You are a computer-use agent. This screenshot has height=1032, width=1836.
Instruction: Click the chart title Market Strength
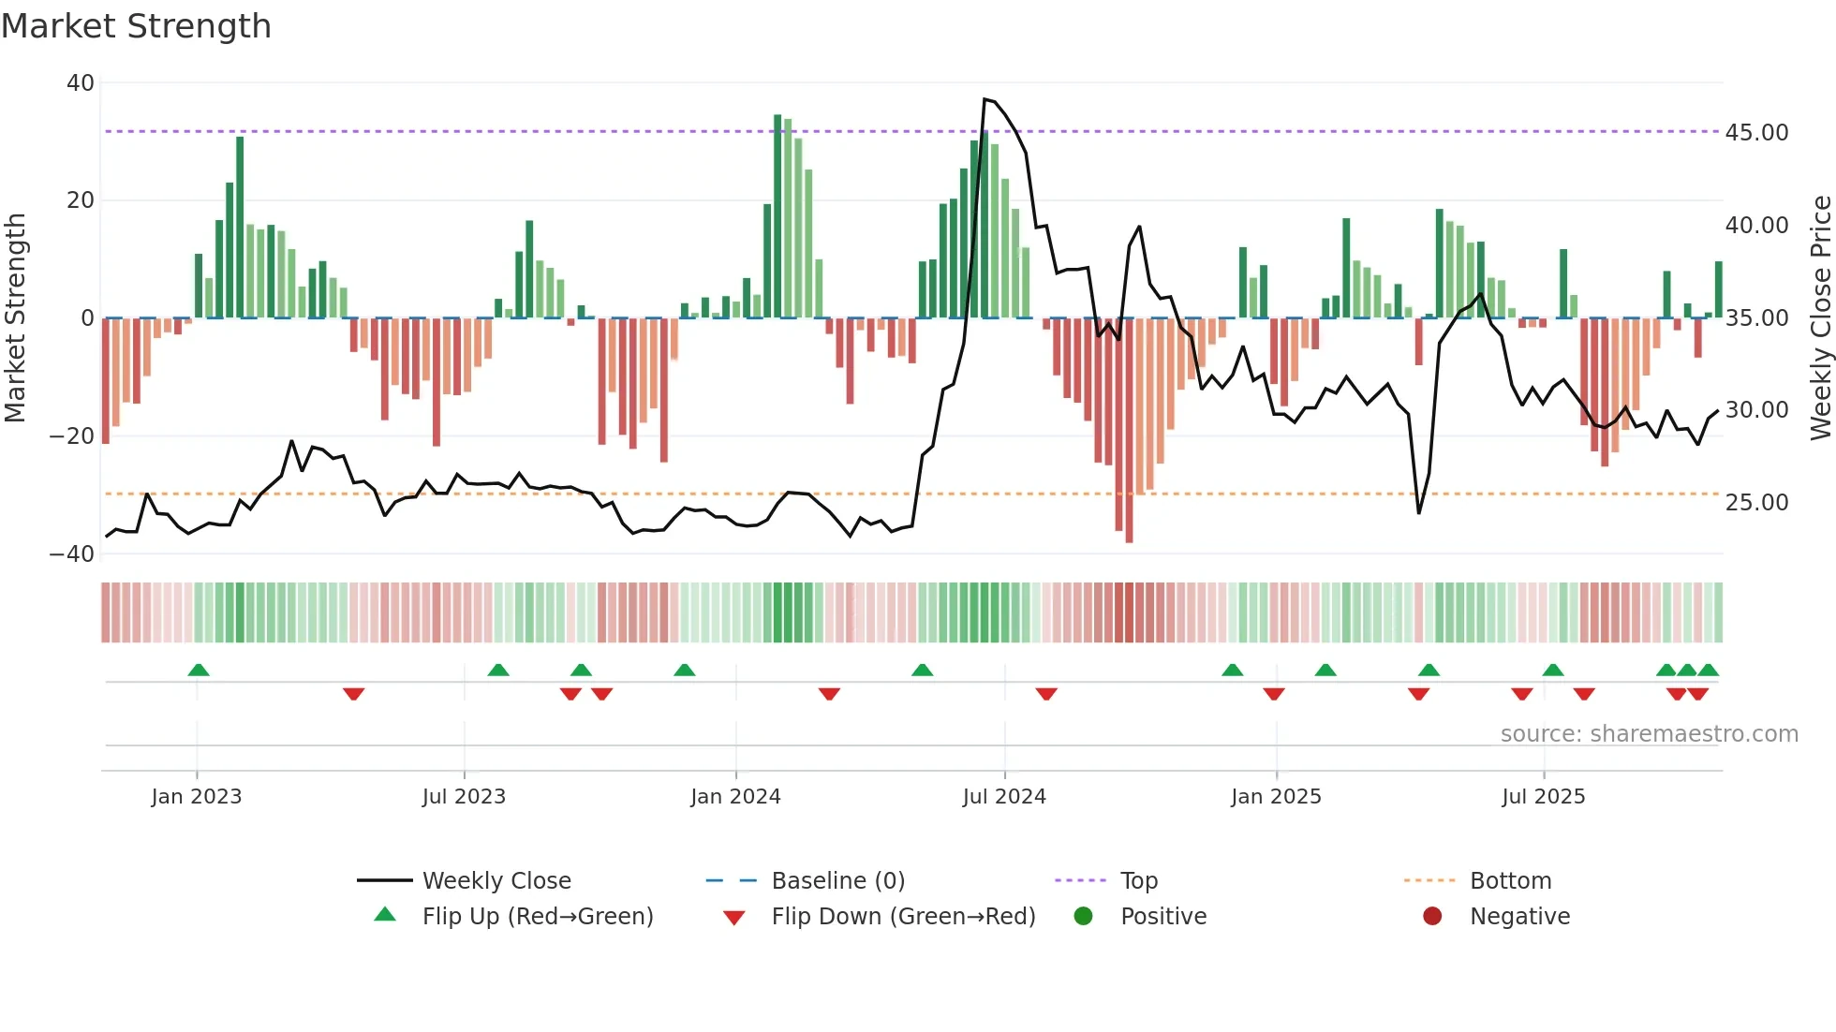pyautogui.click(x=136, y=26)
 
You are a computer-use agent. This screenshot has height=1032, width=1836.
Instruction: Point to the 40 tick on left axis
pyautogui.click(x=81, y=83)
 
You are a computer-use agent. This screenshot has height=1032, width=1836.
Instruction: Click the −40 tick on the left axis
pyautogui.click(x=72, y=554)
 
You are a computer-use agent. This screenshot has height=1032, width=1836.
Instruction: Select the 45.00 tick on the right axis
pyautogui.click(x=1756, y=133)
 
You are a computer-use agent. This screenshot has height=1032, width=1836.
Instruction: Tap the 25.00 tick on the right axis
pyautogui.click(x=1756, y=503)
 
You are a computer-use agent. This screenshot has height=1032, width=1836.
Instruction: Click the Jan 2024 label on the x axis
pyautogui.click(x=735, y=797)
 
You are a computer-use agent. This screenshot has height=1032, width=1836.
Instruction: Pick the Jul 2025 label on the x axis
pyautogui.click(x=1543, y=797)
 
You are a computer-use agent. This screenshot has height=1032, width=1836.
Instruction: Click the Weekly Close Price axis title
pyautogui.click(x=1820, y=318)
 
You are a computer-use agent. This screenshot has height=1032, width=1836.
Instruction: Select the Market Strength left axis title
pyautogui.click(x=15, y=318)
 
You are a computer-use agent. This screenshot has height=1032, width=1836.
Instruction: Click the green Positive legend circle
pyautogui.click(x=1084, y=917)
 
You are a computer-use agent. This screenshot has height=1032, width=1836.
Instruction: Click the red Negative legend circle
pyautogui.click(x=1432, y=917)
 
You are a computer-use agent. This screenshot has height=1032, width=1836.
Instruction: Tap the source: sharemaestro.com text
pyautogui.click(x=1649, y=734)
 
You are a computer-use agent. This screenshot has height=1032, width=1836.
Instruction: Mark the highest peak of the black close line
pyautogui.click(x=985, y=99)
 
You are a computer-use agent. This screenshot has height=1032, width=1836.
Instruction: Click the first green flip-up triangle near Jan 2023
pyautogui.click(x=199, y=670)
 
